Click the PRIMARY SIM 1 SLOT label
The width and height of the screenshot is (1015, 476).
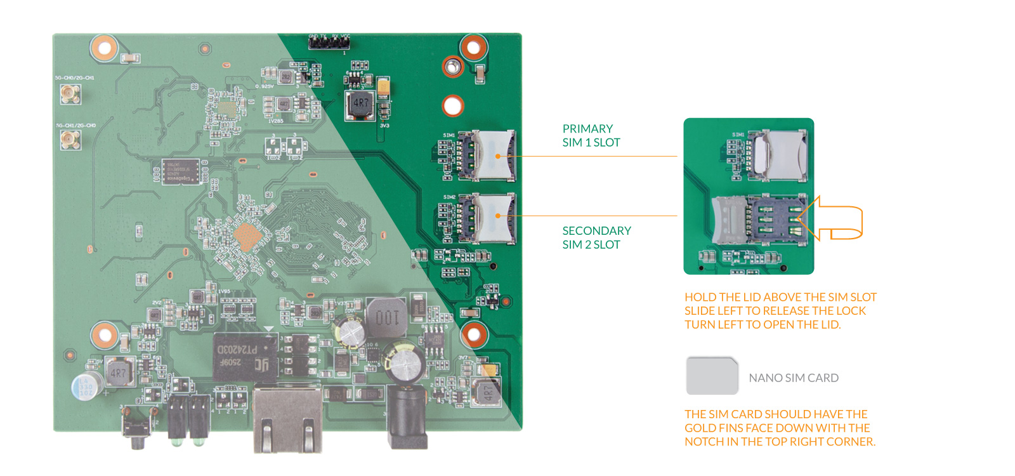(x=591, y=135)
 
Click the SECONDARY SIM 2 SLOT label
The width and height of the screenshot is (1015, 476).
(x=596, y=237)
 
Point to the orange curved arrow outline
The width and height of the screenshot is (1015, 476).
(x=831, y=218)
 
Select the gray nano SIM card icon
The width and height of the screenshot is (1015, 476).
(x=712, y=376)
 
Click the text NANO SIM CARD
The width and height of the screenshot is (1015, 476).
(x=794, y=378)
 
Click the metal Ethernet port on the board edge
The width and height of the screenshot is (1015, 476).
(x=287, y=419)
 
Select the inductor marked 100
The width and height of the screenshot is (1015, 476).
(x=386, y=317)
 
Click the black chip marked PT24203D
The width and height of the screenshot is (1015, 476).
(x=245, y=357)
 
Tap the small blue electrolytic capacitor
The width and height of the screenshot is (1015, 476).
(x=85, y=386)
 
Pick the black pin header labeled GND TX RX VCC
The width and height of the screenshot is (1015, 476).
(x=329, y=43)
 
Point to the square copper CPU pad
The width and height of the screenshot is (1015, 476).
(x=247, y=237)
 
